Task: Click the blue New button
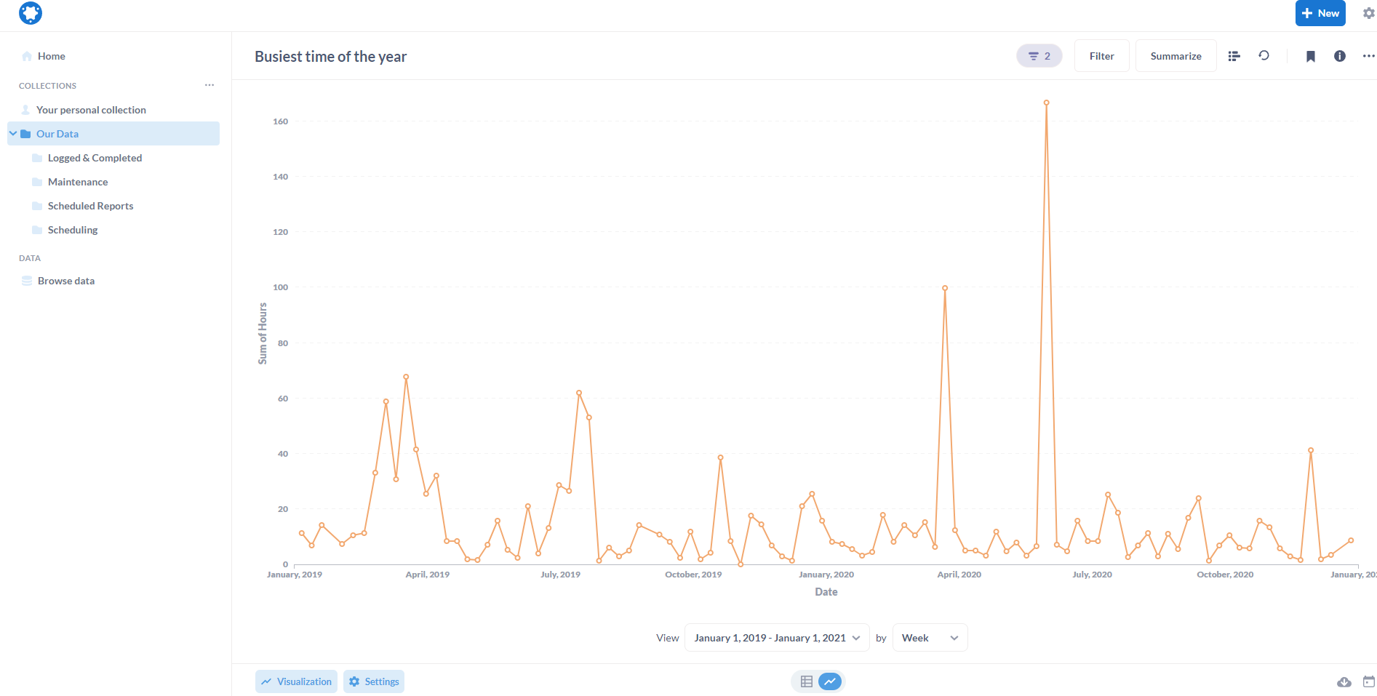1320,13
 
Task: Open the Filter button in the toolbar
1101,56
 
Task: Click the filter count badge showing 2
1039,56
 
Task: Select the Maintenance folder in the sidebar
78,182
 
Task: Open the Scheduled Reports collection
90,206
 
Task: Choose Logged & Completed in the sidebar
95,158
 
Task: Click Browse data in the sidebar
65,281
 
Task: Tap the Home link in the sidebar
51,56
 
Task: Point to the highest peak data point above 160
1046,103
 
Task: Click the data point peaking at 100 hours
945,288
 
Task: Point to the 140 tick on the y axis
280,177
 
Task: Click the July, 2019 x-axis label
560,575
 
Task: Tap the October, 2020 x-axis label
1225,575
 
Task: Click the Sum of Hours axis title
263,333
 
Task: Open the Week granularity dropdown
930,638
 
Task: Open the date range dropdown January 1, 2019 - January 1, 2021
776,638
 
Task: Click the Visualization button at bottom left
296,681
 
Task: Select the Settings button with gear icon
374,681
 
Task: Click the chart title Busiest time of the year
330,57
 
